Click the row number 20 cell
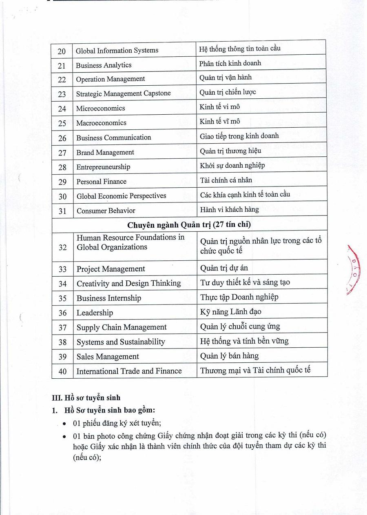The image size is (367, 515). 62,51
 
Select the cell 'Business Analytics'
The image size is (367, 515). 104,65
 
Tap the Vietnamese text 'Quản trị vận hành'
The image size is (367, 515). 226,77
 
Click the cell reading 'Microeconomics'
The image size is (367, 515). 100,108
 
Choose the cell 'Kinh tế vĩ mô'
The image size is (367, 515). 220,121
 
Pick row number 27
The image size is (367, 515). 62,153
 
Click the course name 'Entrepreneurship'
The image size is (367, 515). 103,167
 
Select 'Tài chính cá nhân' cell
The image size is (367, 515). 226,180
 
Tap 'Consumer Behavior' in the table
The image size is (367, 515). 106,211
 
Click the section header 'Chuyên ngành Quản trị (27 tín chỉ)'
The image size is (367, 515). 189,225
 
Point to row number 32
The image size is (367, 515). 62,247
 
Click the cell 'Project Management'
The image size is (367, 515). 111,269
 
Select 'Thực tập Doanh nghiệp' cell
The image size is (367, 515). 239,297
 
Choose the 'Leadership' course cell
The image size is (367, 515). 95,313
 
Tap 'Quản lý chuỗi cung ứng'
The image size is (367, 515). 240,326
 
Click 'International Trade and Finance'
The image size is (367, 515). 129,371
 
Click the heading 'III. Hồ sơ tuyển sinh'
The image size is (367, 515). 86,398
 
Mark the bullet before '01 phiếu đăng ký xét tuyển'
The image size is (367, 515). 64,424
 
